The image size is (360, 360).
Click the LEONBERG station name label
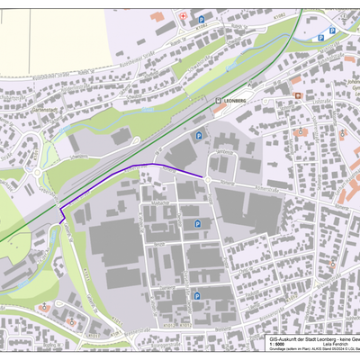(236, 103)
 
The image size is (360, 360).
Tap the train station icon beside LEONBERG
(218, 103)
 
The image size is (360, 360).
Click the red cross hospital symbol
(183, 16)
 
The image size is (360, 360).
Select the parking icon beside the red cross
(202, 20)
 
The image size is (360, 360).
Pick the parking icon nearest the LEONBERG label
(198, 135)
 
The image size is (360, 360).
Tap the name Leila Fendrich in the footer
(335, 343)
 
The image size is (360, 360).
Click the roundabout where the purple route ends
(205, 176)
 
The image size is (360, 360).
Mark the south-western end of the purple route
(59, 219)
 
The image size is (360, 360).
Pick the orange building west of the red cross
(157, 16)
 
